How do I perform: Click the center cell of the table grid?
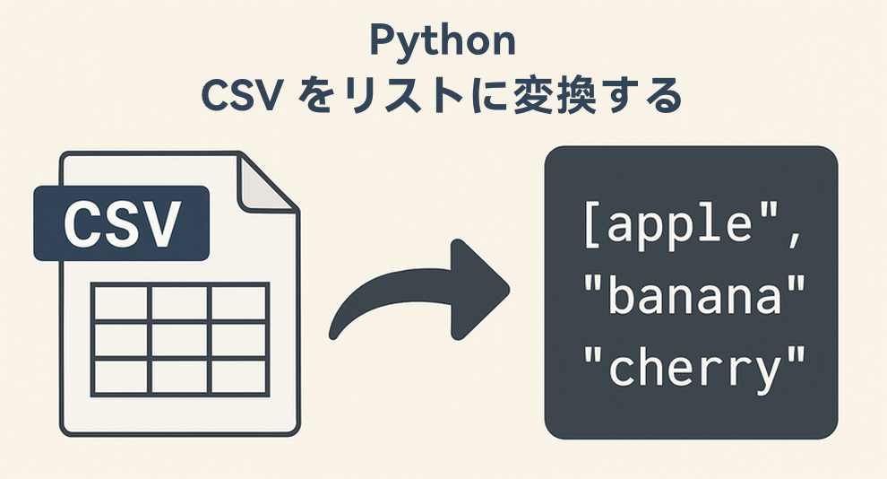point(179,338)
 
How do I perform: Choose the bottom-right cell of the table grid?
point(239,374)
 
